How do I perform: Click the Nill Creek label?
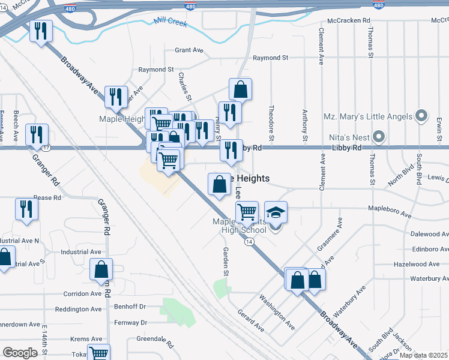pos(170,22)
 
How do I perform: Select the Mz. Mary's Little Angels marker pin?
pos(421,116)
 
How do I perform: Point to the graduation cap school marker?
pos(276,212)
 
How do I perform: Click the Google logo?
pos(20,352)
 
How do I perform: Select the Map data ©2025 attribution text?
pos(424,355)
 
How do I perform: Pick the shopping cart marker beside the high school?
pos(247,212)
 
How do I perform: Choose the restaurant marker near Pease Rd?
pos(26,209)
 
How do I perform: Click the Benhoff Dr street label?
pos(130,306)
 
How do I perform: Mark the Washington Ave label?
pos(277,312)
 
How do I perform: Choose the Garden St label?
pos(226,261)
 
